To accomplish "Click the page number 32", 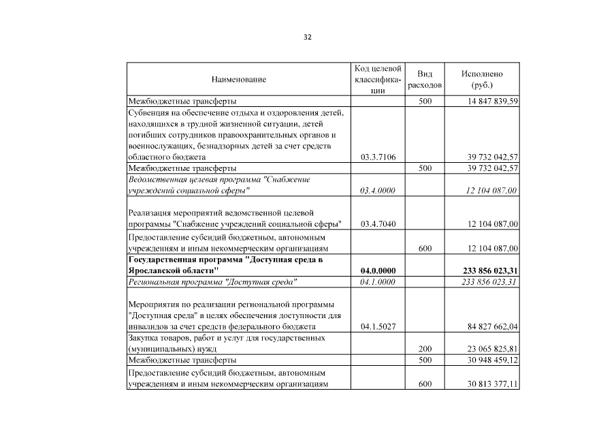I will coord(308,37).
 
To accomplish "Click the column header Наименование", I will coord(238,80).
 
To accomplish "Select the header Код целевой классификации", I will coord(378,80).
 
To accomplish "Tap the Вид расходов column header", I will coord(425,80).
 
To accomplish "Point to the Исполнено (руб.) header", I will coord(482,80).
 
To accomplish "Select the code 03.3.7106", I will coord(378,157).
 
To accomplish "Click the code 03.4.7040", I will coord(378,224).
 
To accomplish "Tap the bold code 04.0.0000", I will coord(378,270).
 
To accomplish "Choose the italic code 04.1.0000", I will coord(378,281).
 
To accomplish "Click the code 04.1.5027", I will coord(378,326).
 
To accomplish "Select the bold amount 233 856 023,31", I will coord(490,270).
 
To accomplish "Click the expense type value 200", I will coord(425,348).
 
